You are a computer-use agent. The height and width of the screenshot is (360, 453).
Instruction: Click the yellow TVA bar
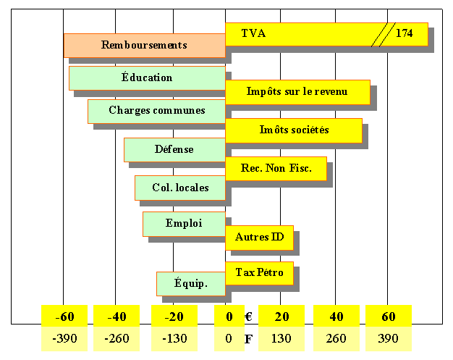(304, 34)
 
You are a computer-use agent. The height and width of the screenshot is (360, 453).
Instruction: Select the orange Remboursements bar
(144, 46)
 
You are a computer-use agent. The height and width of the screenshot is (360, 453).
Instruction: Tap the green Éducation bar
(147, 78)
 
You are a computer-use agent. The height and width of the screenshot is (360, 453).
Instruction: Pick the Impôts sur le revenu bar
(297, 92)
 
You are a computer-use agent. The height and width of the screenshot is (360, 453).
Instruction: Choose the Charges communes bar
(156, 111)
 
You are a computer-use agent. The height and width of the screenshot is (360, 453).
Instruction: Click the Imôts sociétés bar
(294, 130)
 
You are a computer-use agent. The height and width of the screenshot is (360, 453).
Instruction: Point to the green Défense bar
(174, 150)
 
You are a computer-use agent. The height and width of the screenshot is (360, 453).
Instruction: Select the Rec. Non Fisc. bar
(276, 169)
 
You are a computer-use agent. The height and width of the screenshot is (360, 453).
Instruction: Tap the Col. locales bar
(180, 188)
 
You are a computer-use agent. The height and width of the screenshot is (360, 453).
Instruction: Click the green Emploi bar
(184, 224)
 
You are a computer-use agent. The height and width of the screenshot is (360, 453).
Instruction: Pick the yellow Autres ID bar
(259, 238)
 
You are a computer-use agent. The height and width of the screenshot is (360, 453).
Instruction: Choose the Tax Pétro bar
(259, 274)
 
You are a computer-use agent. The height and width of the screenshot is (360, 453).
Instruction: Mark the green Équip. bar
(191, 284)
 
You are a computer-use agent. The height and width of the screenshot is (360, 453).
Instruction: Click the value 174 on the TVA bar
(405, 34)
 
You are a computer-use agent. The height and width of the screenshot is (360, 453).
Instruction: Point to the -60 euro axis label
(65, 317)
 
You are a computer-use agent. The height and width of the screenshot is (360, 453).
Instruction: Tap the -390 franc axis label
(65, 338)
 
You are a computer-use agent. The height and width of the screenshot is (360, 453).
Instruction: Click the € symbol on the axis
(247, 317)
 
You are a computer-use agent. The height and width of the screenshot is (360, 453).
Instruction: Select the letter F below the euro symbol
(247, 338)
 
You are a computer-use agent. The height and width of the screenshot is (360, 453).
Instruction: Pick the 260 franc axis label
(336, 338)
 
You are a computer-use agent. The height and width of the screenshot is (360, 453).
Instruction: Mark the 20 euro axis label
(281, 317)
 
